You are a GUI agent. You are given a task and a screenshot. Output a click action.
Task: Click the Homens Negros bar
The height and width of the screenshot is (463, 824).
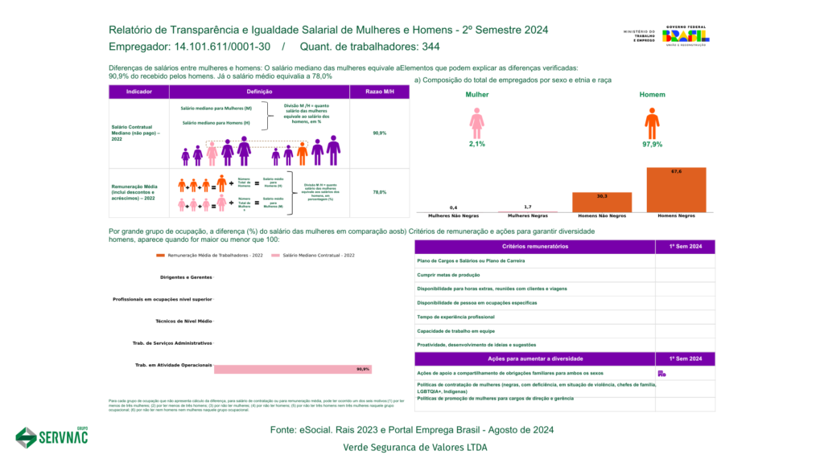coord(676,190)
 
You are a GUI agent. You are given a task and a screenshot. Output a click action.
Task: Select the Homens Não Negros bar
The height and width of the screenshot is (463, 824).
coord(602,203)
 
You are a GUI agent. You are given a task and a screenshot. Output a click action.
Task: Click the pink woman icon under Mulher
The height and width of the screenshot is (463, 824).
coord(477,124)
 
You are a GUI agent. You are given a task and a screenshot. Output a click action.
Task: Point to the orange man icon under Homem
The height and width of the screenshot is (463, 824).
coord(652,124)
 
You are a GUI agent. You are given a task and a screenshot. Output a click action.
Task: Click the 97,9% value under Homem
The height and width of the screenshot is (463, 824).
coord(652,145)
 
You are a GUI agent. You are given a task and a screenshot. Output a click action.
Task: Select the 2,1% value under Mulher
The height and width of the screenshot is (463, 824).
coord(477,145)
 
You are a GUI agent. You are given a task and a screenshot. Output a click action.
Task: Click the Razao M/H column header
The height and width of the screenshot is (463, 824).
coord(380,92)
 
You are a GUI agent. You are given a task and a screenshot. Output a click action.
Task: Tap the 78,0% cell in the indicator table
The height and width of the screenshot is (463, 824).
coord(380,192)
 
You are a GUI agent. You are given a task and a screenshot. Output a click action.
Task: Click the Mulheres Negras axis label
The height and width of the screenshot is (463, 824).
coord(528,216)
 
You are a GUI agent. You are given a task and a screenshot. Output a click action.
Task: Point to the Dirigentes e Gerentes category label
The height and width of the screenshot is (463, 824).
coord(186,277)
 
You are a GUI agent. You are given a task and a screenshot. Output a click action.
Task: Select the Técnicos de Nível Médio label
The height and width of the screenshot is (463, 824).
coord(185,321)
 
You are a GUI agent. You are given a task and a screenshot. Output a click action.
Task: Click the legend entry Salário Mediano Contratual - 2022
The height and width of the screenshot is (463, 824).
coord(314,255)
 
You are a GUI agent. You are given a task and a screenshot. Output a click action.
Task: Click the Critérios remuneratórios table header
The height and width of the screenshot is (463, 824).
coord(535,246)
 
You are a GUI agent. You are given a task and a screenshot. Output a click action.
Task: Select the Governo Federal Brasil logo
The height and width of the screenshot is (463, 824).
coord(685,36)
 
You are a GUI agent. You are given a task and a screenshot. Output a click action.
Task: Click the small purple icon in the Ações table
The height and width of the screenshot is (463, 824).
coord(661,373)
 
